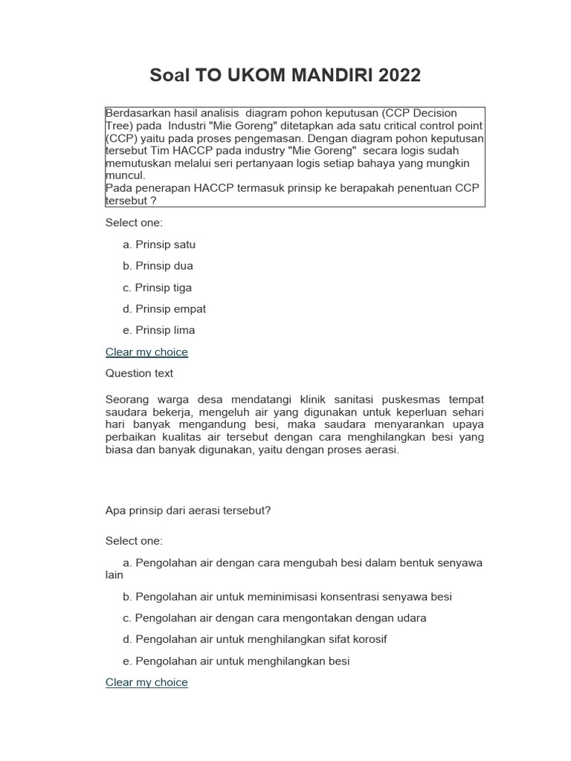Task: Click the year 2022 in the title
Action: pyautogui.click(x=399, y=75)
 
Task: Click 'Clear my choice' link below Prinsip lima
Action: pyautogui.click(x=146, y=352)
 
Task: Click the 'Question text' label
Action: pyautogui.click(x=139, y=373)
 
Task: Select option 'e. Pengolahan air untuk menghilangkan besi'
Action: pyautogui.click(x=236, y=661)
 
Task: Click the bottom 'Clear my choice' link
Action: pyautogui.click(x=146, y=682)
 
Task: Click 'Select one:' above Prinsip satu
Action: pyautogui.click(x=134, y=223)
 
